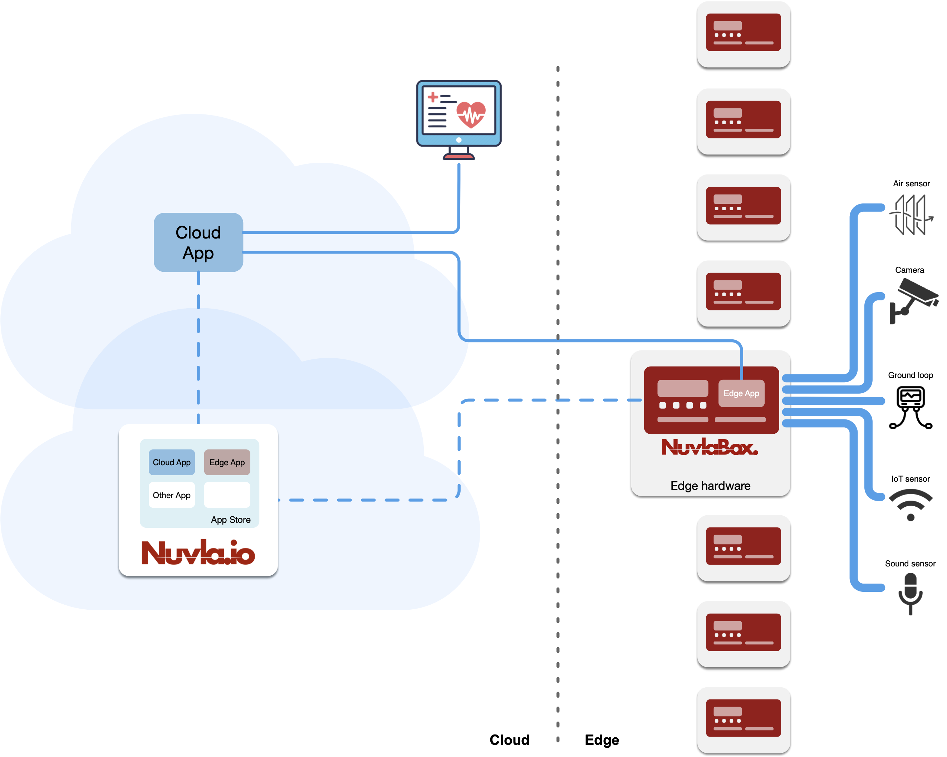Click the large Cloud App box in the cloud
click(x=198, y=242)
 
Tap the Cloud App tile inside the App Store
click(x=172, y=462)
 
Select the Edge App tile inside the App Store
click(x=227, y=462)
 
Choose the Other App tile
click(x=172, y=495)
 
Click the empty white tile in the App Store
click(x=227, y=495)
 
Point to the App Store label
click(x=231, y=520)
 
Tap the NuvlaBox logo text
click(x=710, y=447)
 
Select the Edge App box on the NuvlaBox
click(x=741, y=393)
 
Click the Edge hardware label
click(x=710, y=486)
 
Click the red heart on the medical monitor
click(x=471, y=114)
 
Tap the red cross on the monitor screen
click(x=433, y=97)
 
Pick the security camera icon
click(x=914, y=300)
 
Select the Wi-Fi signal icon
click(x=910, y=504)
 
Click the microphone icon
click(x=911, y=593)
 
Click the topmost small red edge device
click(x=743, y=33)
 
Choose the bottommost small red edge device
click(x=743, y=718)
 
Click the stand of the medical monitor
click(x=458, y=154)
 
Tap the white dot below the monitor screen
click(x=458, y=140)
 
